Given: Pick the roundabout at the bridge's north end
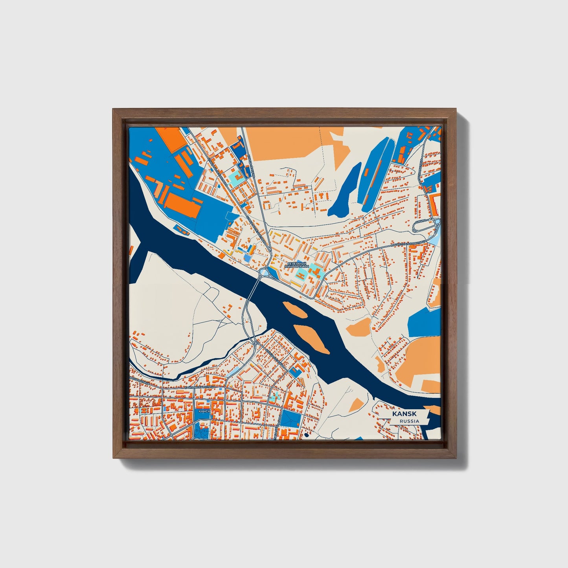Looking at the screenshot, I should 264,272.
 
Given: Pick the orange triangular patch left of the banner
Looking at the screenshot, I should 358,404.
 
